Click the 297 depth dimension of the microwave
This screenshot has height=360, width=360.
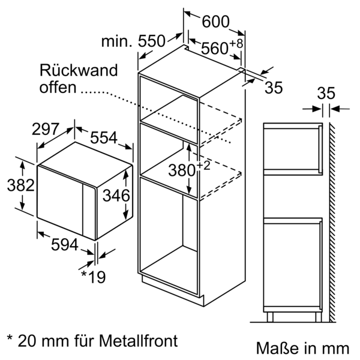pyautogui.click(x=46, y=129)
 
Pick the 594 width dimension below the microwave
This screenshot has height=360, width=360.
pyautogui.click(x=64, y=245)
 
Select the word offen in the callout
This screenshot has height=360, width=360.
pyautogui.click(x=58, y=88)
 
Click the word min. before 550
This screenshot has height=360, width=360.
pyautogui.click(x=116, y=41)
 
